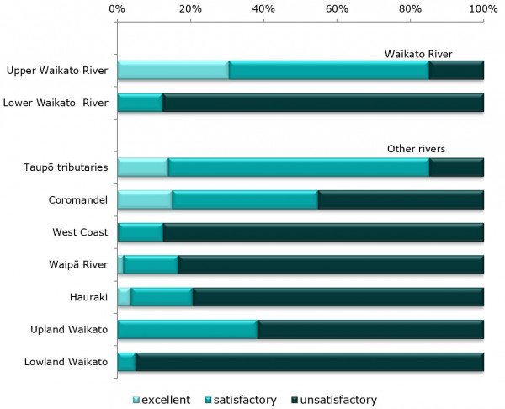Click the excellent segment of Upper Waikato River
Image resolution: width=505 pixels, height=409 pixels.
point(173,71)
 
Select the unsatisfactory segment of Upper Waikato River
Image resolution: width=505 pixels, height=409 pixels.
point(456,71)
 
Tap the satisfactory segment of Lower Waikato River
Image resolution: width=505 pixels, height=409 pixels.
point(140,103)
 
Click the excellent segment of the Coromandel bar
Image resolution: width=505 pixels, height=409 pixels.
point(145,199)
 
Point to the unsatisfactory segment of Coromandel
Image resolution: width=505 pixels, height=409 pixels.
point(401,199)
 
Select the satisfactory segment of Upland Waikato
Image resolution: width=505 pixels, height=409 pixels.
point(187,329)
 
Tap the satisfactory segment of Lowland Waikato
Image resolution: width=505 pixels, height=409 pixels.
point(126,362)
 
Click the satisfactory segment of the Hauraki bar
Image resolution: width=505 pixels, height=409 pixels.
point(162,297)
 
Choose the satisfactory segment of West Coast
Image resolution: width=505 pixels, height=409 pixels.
point(141,232)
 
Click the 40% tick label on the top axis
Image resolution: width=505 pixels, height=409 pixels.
point(263,8)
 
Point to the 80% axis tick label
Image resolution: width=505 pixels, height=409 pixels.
point(410,8)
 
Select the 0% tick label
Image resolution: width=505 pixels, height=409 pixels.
point(118,8)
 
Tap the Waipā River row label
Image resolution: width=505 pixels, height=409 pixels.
point(77,264)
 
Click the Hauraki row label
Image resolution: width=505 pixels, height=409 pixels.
point(88,297)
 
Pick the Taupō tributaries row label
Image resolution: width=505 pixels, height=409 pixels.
point(66,167)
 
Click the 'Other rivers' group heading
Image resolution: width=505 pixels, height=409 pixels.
point(416,149)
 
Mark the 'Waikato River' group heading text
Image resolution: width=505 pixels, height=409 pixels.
point(412,53)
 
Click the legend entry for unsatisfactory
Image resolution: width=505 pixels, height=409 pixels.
point(332,400)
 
